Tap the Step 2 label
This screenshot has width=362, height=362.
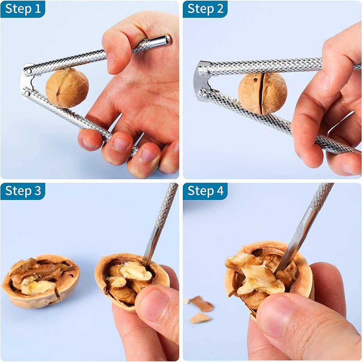pyautogui.click(x=205, y=9)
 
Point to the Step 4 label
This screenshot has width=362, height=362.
pyautogui.click(x=205, y=191)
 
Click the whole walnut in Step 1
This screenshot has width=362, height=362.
pyautogui.click(x=67, y=88)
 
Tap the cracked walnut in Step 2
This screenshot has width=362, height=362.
pyautogui.click(x=262, y=93)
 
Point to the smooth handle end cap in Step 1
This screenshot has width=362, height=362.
pyautogui.click(x=162, y=41)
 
